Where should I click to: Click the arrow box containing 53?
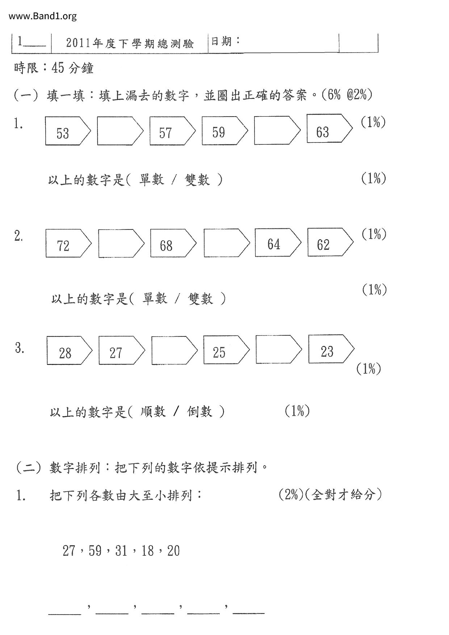67,131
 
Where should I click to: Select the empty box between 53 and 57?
119,131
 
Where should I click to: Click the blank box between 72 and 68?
121,243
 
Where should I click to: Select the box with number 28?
69,350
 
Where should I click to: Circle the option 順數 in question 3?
153,412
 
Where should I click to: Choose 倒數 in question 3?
200,412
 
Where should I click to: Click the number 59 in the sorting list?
95,551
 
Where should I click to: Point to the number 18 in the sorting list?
148,551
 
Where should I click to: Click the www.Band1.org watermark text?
43,16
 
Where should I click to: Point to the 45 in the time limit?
58,68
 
